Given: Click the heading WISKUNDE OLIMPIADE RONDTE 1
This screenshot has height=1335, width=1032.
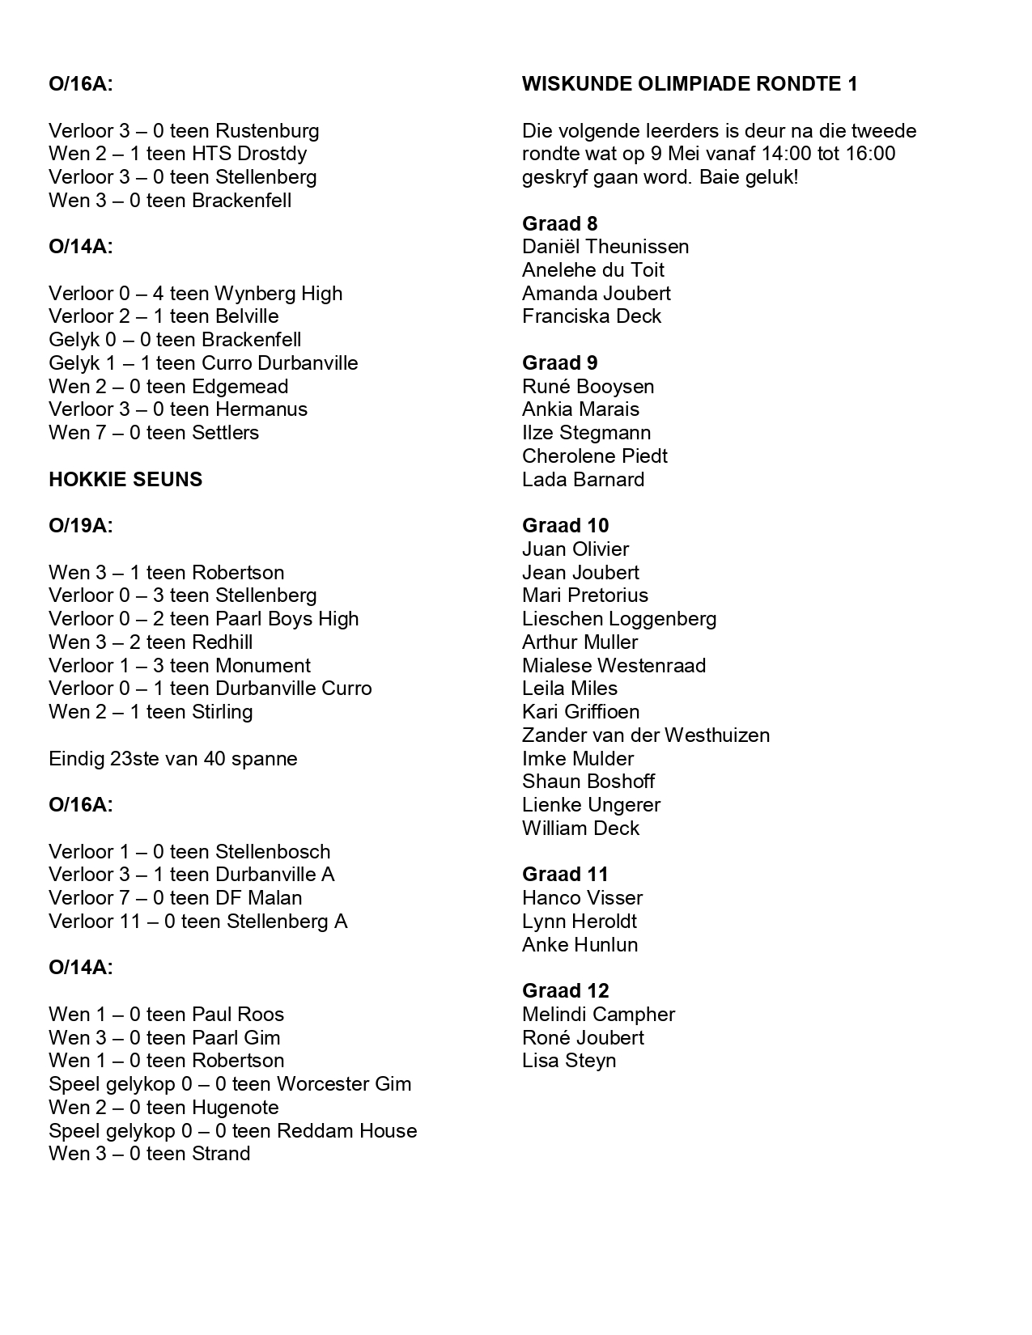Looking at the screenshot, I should click(690, 84).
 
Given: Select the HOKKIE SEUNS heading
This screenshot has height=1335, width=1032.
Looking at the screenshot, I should click(125, 480).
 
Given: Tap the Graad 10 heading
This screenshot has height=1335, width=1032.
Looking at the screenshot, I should click(565, 526).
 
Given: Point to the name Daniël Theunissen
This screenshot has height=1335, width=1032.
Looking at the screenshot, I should click(605, 247).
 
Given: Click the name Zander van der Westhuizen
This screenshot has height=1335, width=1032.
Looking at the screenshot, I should click(646, 735).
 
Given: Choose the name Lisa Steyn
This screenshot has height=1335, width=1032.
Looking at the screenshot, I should click(569, 1061).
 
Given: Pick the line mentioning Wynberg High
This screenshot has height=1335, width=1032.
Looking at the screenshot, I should click(195, 294).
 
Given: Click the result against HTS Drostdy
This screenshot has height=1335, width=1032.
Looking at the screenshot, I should click(177, 154).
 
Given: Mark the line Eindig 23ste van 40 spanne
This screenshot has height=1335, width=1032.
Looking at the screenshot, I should click(172, 759).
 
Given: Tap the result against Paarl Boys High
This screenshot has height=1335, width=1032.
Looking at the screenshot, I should click(203, 619).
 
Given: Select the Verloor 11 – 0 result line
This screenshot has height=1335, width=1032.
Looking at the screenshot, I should click(197, 922).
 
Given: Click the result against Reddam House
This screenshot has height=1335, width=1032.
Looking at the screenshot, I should click(232, 1131).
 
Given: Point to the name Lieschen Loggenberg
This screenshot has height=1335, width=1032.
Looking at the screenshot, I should click(619, 619).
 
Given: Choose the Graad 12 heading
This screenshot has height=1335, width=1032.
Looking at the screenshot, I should click(565, 991).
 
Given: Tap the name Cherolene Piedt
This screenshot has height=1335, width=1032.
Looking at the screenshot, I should click(595, 456).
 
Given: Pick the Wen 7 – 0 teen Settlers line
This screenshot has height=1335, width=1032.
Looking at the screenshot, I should click(154, 433).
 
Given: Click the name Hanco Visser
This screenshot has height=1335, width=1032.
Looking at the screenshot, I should click(582, 898).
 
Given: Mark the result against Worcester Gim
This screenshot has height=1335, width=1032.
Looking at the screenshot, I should click(230, 1084).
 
